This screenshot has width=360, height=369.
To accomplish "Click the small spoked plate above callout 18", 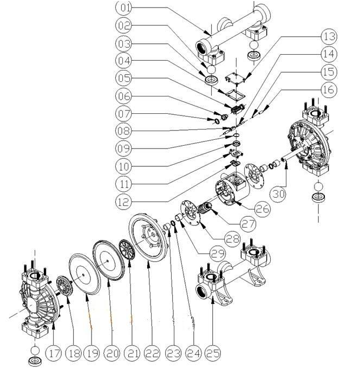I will (x=64, y=286).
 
